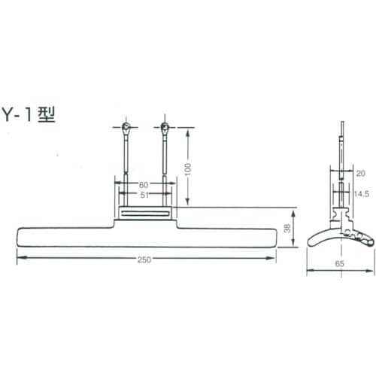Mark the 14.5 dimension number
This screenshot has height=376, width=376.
pos(362,194)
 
